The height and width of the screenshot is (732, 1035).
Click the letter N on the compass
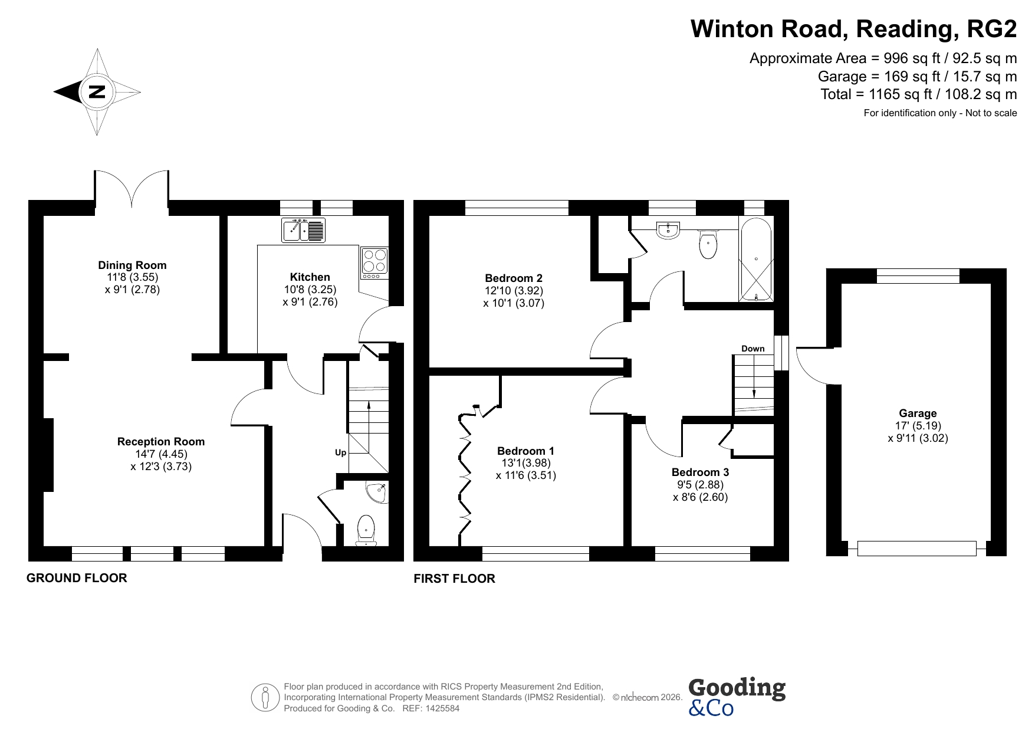[97, 92]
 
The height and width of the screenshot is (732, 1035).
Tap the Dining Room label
[132, 265]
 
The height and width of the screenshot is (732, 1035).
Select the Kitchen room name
[310, 277]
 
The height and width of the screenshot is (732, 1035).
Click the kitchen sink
[303, 229]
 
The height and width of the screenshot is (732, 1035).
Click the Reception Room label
[161, 442]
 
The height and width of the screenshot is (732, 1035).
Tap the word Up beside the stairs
[340, 452]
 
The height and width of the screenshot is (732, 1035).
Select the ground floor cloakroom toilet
[366, 530]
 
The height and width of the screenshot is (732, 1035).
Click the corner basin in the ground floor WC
[376, 492]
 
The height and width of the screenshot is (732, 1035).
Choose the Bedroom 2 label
[514, 278]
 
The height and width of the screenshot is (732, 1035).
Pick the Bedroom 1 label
[525, 451]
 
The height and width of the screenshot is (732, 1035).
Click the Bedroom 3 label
[700, 472]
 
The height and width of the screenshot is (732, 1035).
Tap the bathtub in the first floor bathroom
[755, 260]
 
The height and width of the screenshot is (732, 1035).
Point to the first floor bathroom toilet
[708, 244]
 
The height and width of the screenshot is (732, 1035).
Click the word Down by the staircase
[753, 349]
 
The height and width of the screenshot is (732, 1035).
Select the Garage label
[918, 413]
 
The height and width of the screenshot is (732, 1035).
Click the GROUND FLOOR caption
[77, 578]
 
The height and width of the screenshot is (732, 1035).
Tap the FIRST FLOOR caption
[454, 579]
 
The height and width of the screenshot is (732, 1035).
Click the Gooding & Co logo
[737, 697]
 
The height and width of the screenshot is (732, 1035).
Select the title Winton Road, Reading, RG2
[853, 28]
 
